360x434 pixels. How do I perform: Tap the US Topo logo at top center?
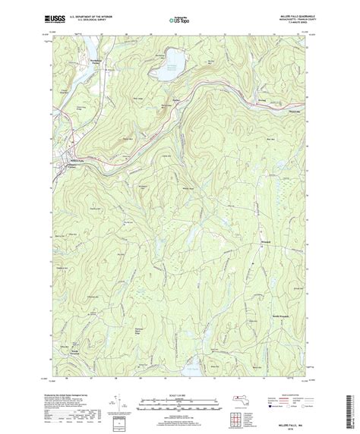(179, 17)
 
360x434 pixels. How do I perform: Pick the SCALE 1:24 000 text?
(179, 395)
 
